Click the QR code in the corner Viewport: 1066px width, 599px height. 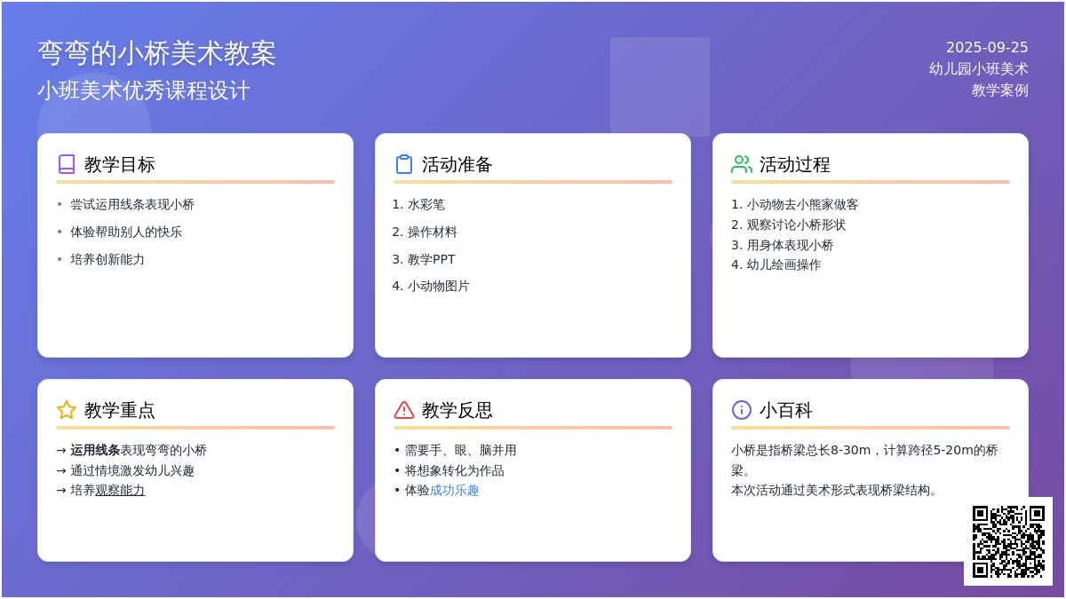(x=1008, y=541)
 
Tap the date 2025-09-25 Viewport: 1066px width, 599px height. (x=987, y=48)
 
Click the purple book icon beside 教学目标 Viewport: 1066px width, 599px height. (x=67, y=164)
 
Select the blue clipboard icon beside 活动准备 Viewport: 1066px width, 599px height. (x=404, y=164)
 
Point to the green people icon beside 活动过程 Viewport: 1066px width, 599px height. (x=742, y=164)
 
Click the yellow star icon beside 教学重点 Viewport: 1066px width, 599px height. (x=67, y=410)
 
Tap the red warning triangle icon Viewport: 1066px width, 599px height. (x=404, y=410)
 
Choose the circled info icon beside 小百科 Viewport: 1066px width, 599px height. (x=742, y=410)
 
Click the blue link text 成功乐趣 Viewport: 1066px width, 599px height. (x=454, y=490)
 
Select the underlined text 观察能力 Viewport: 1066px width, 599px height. (x=120, y=490)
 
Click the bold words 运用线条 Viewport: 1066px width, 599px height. (x=95, y=450)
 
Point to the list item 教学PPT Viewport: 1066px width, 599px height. (x=431, y=259)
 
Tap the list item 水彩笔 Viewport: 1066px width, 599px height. (x=426, y=204)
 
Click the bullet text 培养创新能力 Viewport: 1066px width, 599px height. (x=107, y=259)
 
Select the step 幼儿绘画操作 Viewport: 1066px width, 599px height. (x=784, y=264)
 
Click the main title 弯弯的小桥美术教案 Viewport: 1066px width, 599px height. (x=156, y=52)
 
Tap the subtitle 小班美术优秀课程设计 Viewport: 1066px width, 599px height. (x=144, y=91)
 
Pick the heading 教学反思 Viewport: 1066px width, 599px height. (x=457, y=410)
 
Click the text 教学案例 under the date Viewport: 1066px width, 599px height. (x=999, y=90)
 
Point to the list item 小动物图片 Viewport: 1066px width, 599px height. (x=438, y=286)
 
